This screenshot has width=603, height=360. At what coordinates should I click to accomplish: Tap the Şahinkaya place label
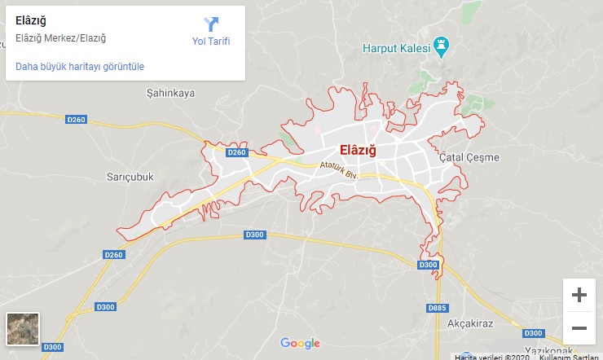[x=170, y=93]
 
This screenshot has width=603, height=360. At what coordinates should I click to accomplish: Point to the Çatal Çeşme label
[x=468, y=156]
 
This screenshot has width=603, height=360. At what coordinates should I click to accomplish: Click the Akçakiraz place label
[x=471, y=323]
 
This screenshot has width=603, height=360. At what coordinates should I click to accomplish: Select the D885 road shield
[x=438, y=308]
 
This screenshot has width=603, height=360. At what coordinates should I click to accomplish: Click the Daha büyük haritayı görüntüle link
[x=80, y=66]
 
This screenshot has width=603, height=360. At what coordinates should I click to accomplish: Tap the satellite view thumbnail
[x=22, y=328]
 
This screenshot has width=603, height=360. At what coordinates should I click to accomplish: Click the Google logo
[x=300, y=343]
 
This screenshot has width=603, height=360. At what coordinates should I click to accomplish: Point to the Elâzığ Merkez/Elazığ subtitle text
[x=61, y=37]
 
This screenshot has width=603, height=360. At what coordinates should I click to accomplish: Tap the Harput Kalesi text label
[x=396, y=47]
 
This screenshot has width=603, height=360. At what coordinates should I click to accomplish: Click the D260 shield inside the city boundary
[x=236, y=152]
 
